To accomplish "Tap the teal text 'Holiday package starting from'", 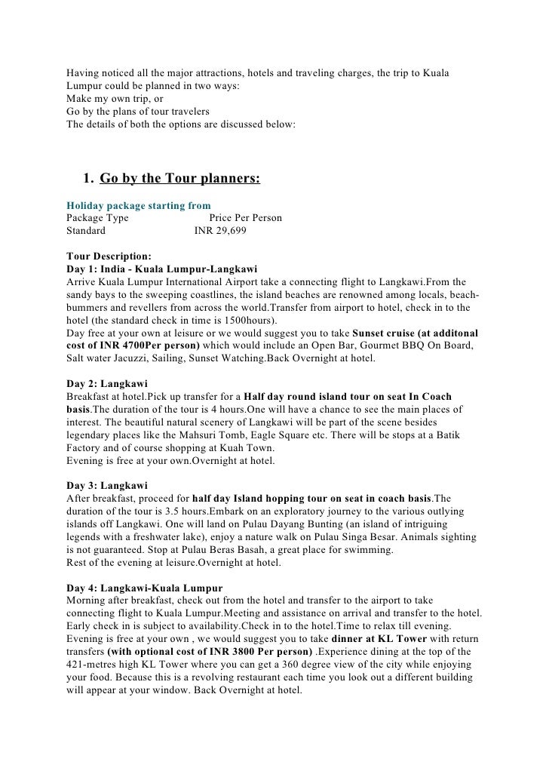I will tap(139, 205).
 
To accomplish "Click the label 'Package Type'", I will tap(97, 218).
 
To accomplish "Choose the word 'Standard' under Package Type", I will tap(86, 232).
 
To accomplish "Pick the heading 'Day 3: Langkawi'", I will tap(107, 485).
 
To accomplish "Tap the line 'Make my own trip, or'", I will tap(115, 99).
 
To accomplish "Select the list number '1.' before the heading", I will tap(87, 178).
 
